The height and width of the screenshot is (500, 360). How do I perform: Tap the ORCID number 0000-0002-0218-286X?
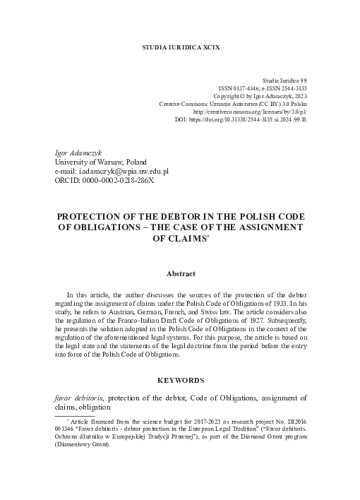114,180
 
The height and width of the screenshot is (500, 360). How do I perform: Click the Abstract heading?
180,273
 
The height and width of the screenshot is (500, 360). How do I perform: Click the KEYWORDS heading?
180,379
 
